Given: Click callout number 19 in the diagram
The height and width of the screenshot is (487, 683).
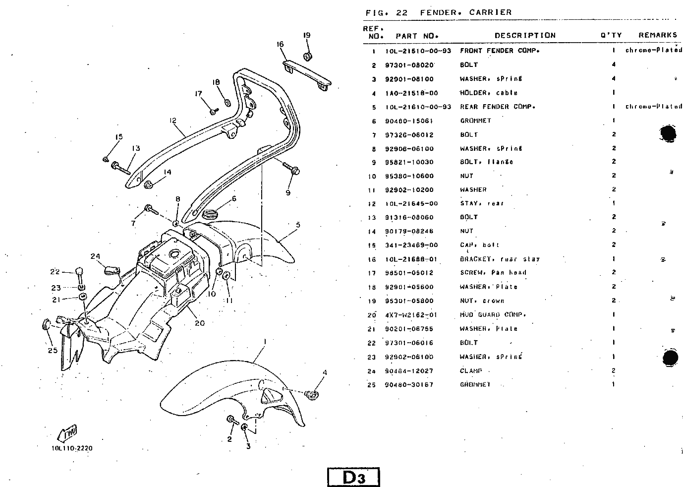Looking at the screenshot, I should [x=307, y=35].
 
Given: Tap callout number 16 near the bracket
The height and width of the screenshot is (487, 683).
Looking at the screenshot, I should [x=280, y=45].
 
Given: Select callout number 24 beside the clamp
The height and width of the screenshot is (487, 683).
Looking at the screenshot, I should [x=95, y=256].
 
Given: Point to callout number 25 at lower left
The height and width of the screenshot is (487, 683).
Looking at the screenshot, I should [x=53, y=350].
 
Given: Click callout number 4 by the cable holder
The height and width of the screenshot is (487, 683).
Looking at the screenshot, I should [x=325, y=372].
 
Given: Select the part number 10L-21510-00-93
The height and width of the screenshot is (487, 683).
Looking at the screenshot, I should [x=418, y=51].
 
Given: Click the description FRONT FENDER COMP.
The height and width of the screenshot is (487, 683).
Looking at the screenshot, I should [x=500, y=51].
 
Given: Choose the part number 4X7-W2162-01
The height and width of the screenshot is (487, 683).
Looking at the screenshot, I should [x=411, y=315].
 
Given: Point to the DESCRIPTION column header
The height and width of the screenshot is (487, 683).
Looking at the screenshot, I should [x=525, y=35].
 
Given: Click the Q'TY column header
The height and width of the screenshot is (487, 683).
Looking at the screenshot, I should [x=611, y=35].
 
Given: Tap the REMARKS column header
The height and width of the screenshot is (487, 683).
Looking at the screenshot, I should [x=657, y=35].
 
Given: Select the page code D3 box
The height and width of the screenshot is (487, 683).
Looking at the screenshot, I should [x=353, y=477].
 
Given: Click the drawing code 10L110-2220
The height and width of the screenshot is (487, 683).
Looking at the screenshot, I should [x=71, y=448].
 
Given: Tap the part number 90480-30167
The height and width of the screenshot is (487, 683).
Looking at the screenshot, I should [x=409, y=385].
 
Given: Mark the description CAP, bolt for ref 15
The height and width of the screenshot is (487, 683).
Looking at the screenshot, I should [x=480, y=245].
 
